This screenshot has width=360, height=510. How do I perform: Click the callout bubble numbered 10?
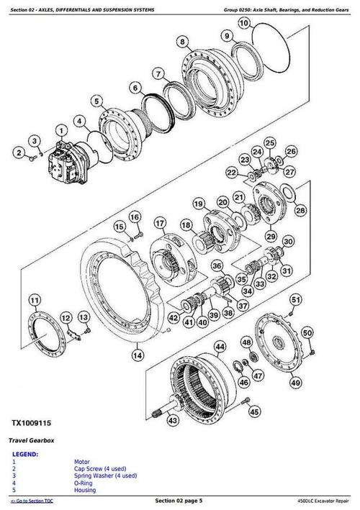click(244, 24)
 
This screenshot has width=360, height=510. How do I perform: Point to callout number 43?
click(174, 420)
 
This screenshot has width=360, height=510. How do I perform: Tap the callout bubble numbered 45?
click(253, 411)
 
